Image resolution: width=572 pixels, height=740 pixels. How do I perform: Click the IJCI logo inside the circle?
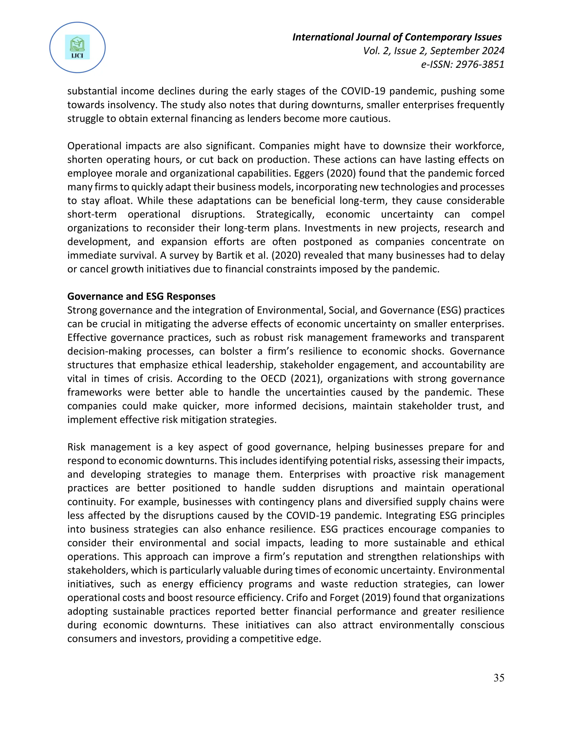77,47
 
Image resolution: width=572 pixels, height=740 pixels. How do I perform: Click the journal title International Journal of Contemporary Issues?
397,37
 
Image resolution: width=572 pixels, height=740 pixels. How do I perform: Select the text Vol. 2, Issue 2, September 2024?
433,51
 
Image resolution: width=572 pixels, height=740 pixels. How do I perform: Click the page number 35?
499,678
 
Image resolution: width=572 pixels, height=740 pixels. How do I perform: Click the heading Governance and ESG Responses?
141,297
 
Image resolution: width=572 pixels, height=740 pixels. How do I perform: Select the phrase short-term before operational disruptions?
92,214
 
